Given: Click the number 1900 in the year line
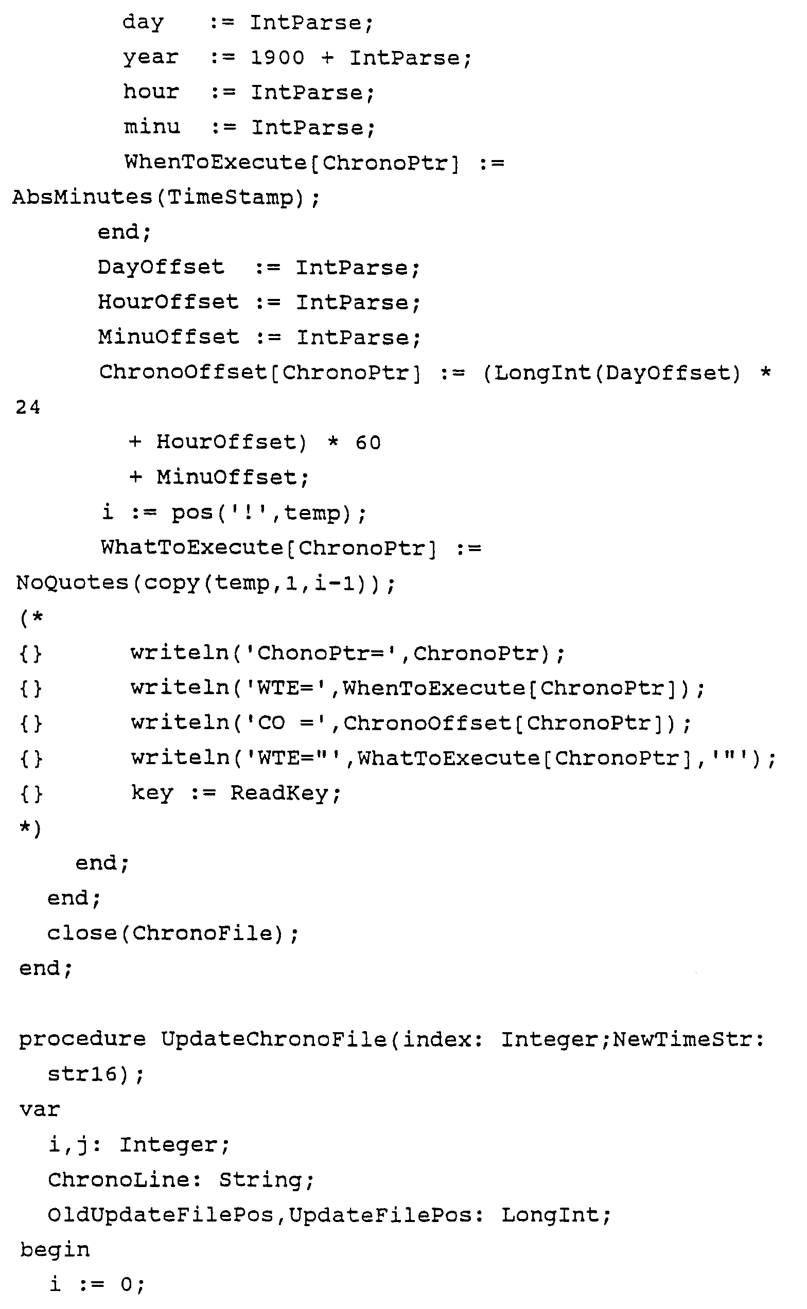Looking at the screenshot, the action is click(277, 58).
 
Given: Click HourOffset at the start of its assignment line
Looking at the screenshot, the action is click(168, 303).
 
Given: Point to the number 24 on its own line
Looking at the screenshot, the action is click(28, 408).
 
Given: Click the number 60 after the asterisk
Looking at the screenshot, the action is click(368, 443).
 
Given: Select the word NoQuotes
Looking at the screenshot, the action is click(72, 583).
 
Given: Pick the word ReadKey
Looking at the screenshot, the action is click(285, 793).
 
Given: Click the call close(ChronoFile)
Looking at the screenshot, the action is click(172, 933).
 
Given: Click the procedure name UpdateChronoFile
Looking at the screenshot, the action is click(274, 1039).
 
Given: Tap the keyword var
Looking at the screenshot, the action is click(40, 1109).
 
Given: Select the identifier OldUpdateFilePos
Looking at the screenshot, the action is click(160, 1215).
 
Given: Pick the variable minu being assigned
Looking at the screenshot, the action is click(152, 128).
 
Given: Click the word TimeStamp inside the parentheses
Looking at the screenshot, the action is click(230, 198).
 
